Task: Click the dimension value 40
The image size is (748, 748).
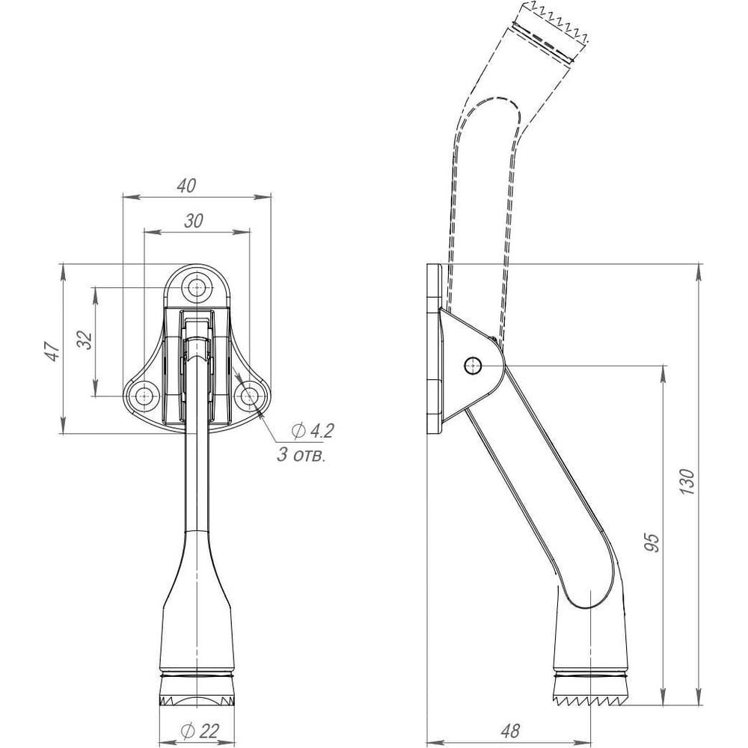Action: click(186, 185)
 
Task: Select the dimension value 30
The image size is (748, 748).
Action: click(194, 221)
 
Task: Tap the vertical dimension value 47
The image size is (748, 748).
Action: click(53, 351)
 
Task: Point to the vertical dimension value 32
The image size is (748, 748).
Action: click(85, 340)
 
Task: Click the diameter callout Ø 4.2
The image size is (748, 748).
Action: click(313, 431)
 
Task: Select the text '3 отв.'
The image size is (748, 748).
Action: click(301, 455)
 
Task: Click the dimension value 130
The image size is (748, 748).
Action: click(687, 482)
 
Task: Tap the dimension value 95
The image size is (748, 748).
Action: click(652, 542)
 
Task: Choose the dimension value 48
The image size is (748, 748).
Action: click(510, 730)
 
